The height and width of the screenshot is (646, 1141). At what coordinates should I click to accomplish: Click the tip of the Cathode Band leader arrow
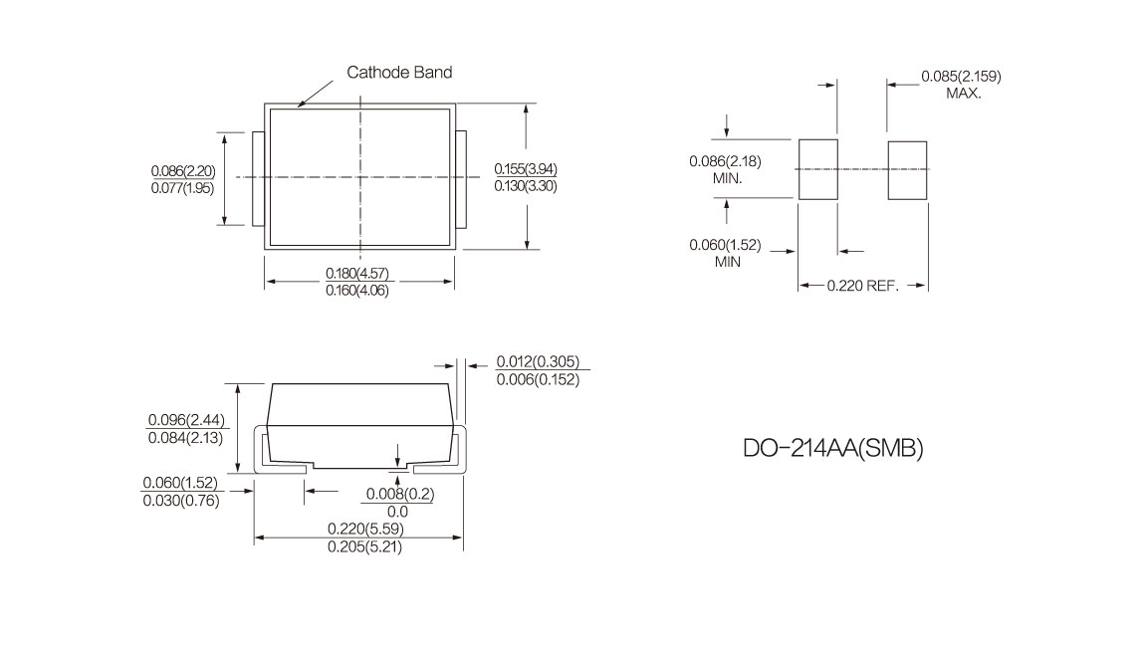(x=298, y=107)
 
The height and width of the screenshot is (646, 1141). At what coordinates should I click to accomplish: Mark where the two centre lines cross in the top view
(x=360, y=177)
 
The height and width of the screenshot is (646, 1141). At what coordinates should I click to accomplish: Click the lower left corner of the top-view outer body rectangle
(x=264, y=250)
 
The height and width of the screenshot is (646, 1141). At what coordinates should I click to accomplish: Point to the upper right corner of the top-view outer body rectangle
(x=456, y=104)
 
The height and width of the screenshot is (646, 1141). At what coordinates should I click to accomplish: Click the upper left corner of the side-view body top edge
(x=272, y=383)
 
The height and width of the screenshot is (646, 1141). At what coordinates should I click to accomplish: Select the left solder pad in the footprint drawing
(x=817, y=169)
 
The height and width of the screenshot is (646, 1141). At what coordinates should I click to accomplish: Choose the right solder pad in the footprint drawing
(x=907, y=170)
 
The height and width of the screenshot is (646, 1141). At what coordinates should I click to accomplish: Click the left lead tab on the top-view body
(x=258, y=179)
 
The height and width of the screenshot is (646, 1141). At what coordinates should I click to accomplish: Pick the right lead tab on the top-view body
(x=461, y=179)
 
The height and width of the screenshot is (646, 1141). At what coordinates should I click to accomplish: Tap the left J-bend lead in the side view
(x=280, y=451)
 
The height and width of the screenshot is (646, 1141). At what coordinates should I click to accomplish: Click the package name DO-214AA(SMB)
(x=833, y=448)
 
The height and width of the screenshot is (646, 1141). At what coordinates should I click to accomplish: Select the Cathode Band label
(x=399, y=72)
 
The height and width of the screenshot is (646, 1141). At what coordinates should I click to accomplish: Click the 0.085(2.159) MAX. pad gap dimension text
(x=961, y=85)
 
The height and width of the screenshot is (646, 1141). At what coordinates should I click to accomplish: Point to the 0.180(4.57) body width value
(x=357, y=274)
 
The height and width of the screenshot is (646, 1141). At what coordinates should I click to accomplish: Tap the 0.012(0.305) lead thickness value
(x=538, y=361)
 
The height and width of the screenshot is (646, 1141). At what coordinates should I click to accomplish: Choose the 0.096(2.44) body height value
(x=186, y=420)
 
